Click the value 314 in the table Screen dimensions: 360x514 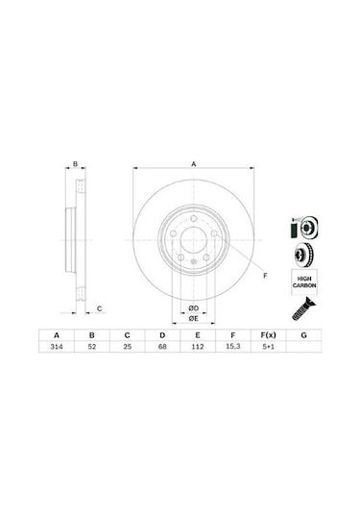[57, 347]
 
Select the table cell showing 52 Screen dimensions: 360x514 [92, 347]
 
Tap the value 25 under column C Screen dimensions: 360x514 [127, 347]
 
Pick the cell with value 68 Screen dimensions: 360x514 [162, 347]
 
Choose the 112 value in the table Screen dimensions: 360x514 [198, 347]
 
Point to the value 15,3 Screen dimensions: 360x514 [233, 347]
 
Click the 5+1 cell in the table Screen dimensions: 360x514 [268, 347]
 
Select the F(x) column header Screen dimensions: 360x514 [268, 335]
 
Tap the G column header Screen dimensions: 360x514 [303, 335]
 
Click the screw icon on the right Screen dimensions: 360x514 [303, 308]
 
